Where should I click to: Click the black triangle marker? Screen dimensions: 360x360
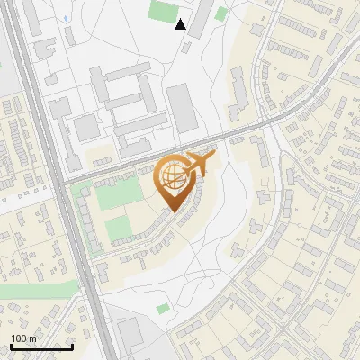coord(181,24)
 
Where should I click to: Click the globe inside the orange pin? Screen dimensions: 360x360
coord(174,177)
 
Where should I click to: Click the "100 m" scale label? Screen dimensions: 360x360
coord(23,338)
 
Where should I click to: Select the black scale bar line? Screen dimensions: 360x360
coord(41,346)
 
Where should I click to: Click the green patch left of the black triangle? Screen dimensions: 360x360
coord(163,12)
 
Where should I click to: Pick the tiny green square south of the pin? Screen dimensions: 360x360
coord(163,309)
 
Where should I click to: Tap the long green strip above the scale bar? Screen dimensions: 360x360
coord(36,290)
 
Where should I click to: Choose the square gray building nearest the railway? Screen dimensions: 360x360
coord(86,128)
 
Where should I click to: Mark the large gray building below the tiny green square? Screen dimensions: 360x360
coord(132,333)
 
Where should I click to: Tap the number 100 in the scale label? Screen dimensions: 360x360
coord(18,338)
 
